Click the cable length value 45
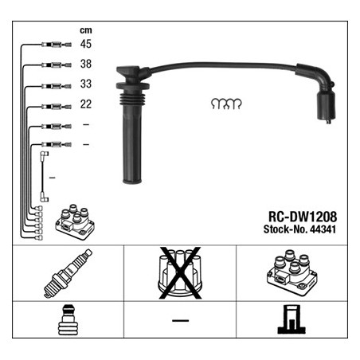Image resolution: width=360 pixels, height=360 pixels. (86, 44)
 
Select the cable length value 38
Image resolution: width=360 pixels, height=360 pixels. (86, 64)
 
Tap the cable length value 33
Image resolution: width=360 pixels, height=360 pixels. (86, 84)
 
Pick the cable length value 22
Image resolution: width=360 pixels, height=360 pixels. (86, 104)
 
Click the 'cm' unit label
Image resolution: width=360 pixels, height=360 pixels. (86, 30)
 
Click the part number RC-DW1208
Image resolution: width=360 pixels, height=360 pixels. (303, 217)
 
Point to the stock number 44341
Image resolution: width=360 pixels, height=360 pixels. (323, 229)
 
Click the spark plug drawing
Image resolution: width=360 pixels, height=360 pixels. (68, 273)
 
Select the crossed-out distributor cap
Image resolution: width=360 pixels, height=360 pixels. (180, 273)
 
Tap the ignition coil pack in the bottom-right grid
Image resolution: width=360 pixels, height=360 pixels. (292, 272)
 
